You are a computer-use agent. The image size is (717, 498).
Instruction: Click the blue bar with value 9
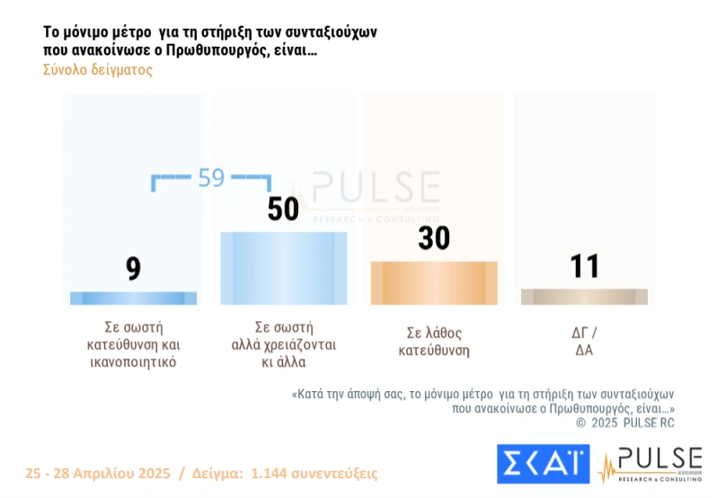point(133,298)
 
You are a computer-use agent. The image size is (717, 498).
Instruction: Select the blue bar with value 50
point(284,268)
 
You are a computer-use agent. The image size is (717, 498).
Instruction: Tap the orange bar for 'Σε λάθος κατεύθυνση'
point(434,283)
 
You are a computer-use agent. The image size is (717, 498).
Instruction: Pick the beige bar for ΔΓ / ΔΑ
point(584,297)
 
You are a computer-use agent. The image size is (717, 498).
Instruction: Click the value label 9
point(133,268)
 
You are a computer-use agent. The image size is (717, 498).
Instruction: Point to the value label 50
point(284,209)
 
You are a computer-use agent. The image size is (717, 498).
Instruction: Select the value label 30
point(434,238)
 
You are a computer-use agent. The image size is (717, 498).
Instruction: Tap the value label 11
point(584,266)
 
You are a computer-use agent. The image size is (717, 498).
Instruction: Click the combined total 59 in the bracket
point(211,178)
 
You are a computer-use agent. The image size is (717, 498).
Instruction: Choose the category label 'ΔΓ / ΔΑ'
point(584,342)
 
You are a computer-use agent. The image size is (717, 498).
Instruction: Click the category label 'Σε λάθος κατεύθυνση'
point(434,342)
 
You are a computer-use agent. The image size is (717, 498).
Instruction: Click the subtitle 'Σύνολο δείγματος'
point(98,70)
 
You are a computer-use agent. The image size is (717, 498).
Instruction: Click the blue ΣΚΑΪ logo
point(543,463)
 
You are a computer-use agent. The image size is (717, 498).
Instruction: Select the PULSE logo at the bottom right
point(651,463)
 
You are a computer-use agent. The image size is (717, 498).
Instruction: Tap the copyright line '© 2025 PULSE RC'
point(624,422)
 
